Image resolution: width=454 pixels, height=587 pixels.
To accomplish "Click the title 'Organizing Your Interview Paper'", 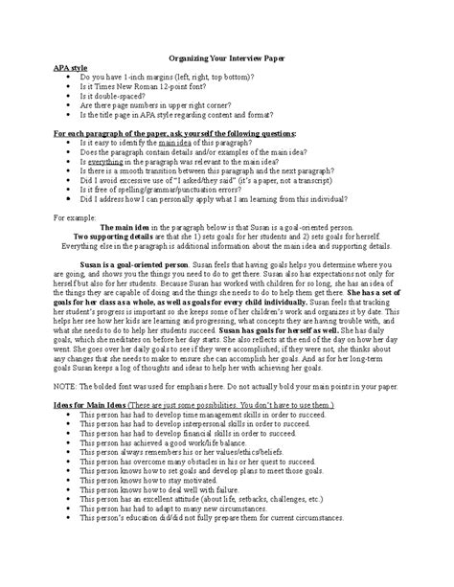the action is point(226,58).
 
